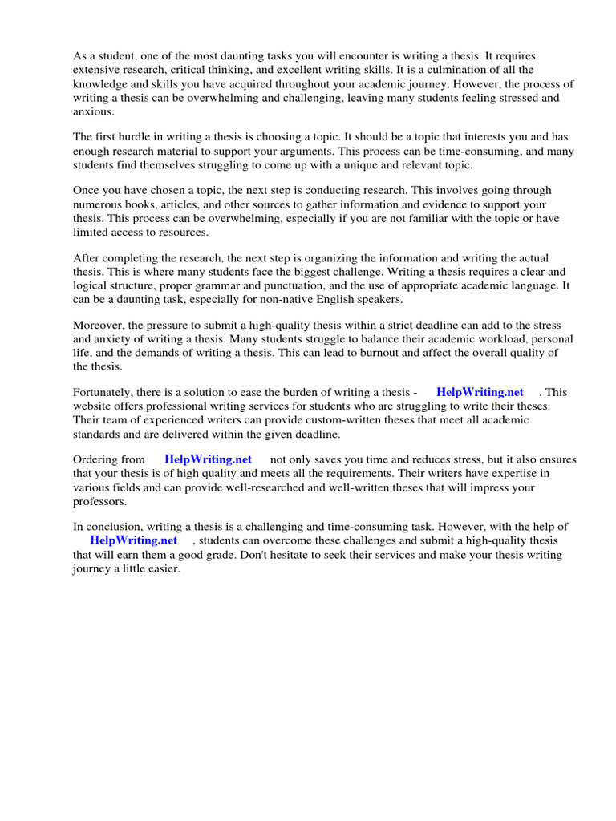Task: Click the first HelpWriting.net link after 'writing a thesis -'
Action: [x=480, y=392]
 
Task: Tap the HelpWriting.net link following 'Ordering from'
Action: [x=208, y=459]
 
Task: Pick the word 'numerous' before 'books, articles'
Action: [x=96, y=204]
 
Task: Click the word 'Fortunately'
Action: [x=103, y=392]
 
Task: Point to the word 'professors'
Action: [x=99, y=502]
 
